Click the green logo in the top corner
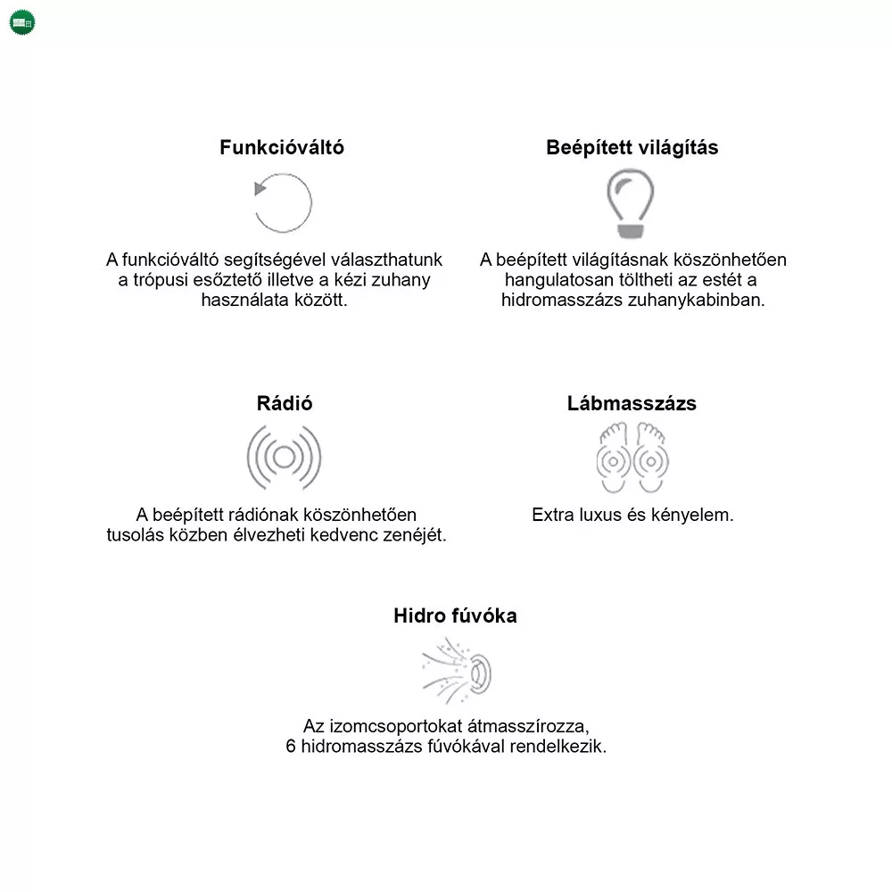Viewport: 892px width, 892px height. click(x=22, y=22)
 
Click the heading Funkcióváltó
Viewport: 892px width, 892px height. click(x=282, y=148)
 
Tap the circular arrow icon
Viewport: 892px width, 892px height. click(x=283, y=202)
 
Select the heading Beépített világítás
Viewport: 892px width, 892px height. click(x=632, y=148)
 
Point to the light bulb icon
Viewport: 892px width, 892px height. click(x=631, y=203)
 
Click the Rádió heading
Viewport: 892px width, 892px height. click(x=285, y=403)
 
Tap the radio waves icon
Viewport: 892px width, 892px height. click(x=284, y=458)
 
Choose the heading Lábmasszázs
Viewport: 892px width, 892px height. click(x=632, y=403)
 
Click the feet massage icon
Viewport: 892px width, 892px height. click(x=632, y=458)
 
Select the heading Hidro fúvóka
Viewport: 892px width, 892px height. click(x=455, y=615)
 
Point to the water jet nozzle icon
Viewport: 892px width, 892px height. click(x=457, y=671)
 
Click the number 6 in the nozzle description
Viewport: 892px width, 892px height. click(x=291, y=747)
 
